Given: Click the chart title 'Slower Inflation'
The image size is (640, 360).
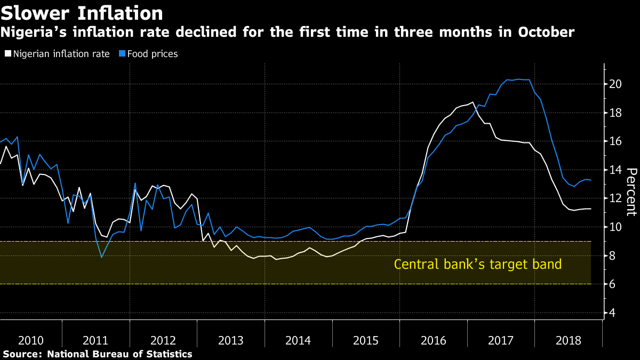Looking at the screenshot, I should [x=82, y=12].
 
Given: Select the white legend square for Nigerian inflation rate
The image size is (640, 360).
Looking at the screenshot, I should [x=7, y=54].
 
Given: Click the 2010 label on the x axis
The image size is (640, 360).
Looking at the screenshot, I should [x=31, y=340].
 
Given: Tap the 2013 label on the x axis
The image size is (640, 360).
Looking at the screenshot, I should [x=231, y=340].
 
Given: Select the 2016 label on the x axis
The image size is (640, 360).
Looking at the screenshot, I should [x=433, y=340].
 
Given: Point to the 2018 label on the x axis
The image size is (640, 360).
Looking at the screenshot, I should [x=568, y=340].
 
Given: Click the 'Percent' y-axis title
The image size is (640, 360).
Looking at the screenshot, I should [x=631, y=192].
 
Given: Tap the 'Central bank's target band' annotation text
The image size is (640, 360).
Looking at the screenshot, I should [x=477, y=264].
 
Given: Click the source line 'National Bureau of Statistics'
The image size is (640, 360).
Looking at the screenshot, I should [x=119, y=354].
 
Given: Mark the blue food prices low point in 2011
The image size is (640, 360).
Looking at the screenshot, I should [x=101, y=258].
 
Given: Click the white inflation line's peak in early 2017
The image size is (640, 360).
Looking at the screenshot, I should [x=472, y=102].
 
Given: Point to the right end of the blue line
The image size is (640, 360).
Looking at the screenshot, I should [x=591, y=180].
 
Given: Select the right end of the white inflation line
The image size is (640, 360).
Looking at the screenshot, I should [x=591, y=209].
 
